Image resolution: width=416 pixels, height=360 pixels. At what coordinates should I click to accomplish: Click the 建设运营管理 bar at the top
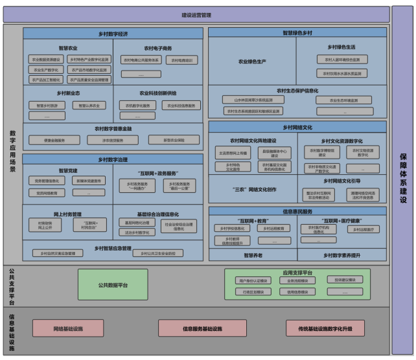pyautogui.click(x=196, y=14)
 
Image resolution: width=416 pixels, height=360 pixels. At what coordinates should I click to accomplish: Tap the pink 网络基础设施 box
pyautogui.click(x=67, y=329)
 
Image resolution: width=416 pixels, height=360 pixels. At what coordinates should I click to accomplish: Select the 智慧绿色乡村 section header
pyautogui.click(x=297, y=32)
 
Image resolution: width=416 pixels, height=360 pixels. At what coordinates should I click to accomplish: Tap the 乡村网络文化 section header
pyautogui.click(x=297, y=128)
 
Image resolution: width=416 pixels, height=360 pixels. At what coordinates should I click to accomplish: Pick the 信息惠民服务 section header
pyautogui.click(x=297, y=211)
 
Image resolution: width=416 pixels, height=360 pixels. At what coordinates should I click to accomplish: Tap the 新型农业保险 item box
pyautogui.click(x=174, y=140)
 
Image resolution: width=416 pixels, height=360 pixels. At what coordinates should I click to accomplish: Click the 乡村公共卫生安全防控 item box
pyautogui.click(x=158, y=253)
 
